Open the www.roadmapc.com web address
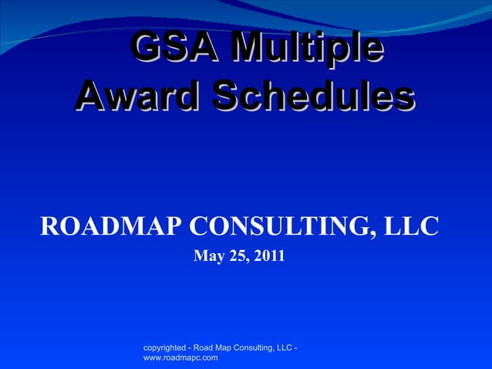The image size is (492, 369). tap(180, 358)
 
